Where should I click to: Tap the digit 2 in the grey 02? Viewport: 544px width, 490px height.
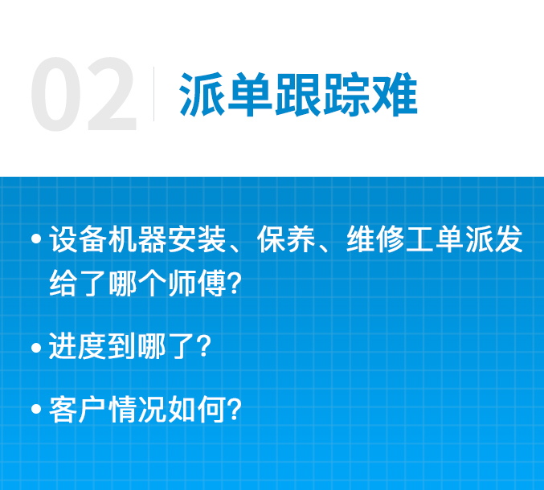(112, 93)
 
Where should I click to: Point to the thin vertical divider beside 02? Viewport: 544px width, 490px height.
(153, 94)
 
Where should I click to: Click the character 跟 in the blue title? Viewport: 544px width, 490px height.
(298, 94)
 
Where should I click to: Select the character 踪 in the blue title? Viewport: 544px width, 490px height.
(346, 94)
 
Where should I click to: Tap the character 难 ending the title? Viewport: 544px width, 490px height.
(394, 94)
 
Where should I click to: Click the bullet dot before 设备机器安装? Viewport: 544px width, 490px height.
(36, 239)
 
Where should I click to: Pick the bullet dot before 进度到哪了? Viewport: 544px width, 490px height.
(36, 348)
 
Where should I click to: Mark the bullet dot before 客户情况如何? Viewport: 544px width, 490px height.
(36, 409)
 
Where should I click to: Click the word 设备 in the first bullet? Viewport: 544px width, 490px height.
(78, 239)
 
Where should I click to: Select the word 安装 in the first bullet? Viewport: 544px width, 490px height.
(197, 239)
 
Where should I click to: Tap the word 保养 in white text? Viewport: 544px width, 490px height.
(286, 239)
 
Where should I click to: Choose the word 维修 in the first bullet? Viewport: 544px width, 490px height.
(375, 239)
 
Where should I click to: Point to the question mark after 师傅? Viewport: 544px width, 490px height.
(235, 284)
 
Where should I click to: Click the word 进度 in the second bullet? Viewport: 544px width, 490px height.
(78, 346)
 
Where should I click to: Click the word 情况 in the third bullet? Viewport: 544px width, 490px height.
(137, 409)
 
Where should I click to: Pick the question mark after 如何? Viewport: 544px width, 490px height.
(235, 409)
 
